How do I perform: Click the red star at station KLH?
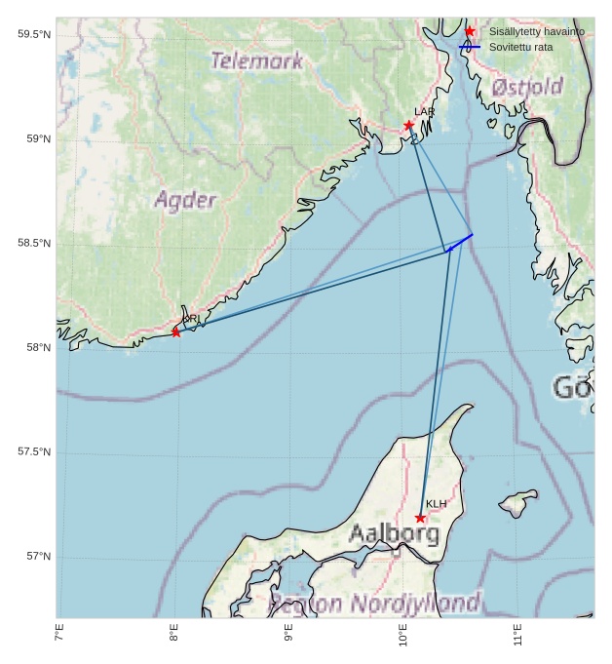[x=420, y=518]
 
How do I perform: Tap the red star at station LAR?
[x=409, y=125]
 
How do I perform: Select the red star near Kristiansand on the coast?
[x=176, y=332]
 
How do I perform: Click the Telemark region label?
[x=257, y=60]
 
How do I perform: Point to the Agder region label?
[x=185, y=201]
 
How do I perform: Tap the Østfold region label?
[x=527, y=87]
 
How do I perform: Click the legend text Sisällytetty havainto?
[x=537, y=32]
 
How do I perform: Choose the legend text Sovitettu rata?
[x=521, y=47]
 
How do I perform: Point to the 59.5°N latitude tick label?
[x=34, y=35]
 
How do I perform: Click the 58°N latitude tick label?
[x=38, y=348]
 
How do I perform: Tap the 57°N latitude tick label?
[x=38, y=557]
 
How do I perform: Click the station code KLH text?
[x=436, y=504]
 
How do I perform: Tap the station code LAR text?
[x=424, y=112]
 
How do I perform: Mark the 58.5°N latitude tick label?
[x=34, y=244]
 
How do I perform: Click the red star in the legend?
[x=470, y=32]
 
